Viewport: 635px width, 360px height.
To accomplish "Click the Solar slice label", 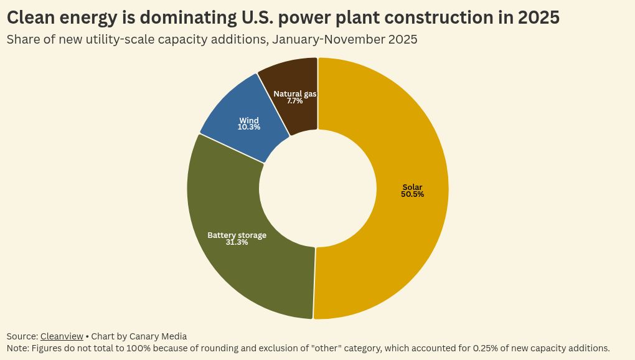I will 412,187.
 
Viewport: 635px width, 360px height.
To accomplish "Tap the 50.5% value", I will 412,194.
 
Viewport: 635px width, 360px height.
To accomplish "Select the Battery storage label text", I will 237,235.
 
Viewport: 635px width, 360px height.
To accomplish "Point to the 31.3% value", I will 237,242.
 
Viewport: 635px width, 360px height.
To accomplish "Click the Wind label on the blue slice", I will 249,120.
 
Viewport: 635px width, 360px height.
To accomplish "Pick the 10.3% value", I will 249,127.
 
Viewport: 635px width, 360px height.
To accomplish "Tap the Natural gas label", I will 295,93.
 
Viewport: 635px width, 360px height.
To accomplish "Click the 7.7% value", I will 295,100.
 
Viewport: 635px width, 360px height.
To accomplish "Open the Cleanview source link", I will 62,336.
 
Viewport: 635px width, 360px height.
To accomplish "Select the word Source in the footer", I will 21,336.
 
